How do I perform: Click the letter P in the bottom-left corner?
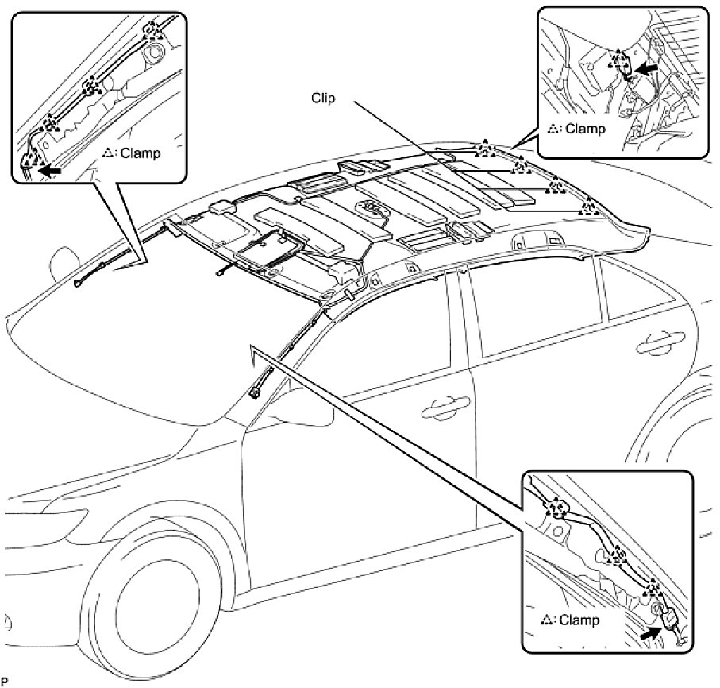(x=6, y=682)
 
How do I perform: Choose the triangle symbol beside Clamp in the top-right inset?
(x=554, y=129)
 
